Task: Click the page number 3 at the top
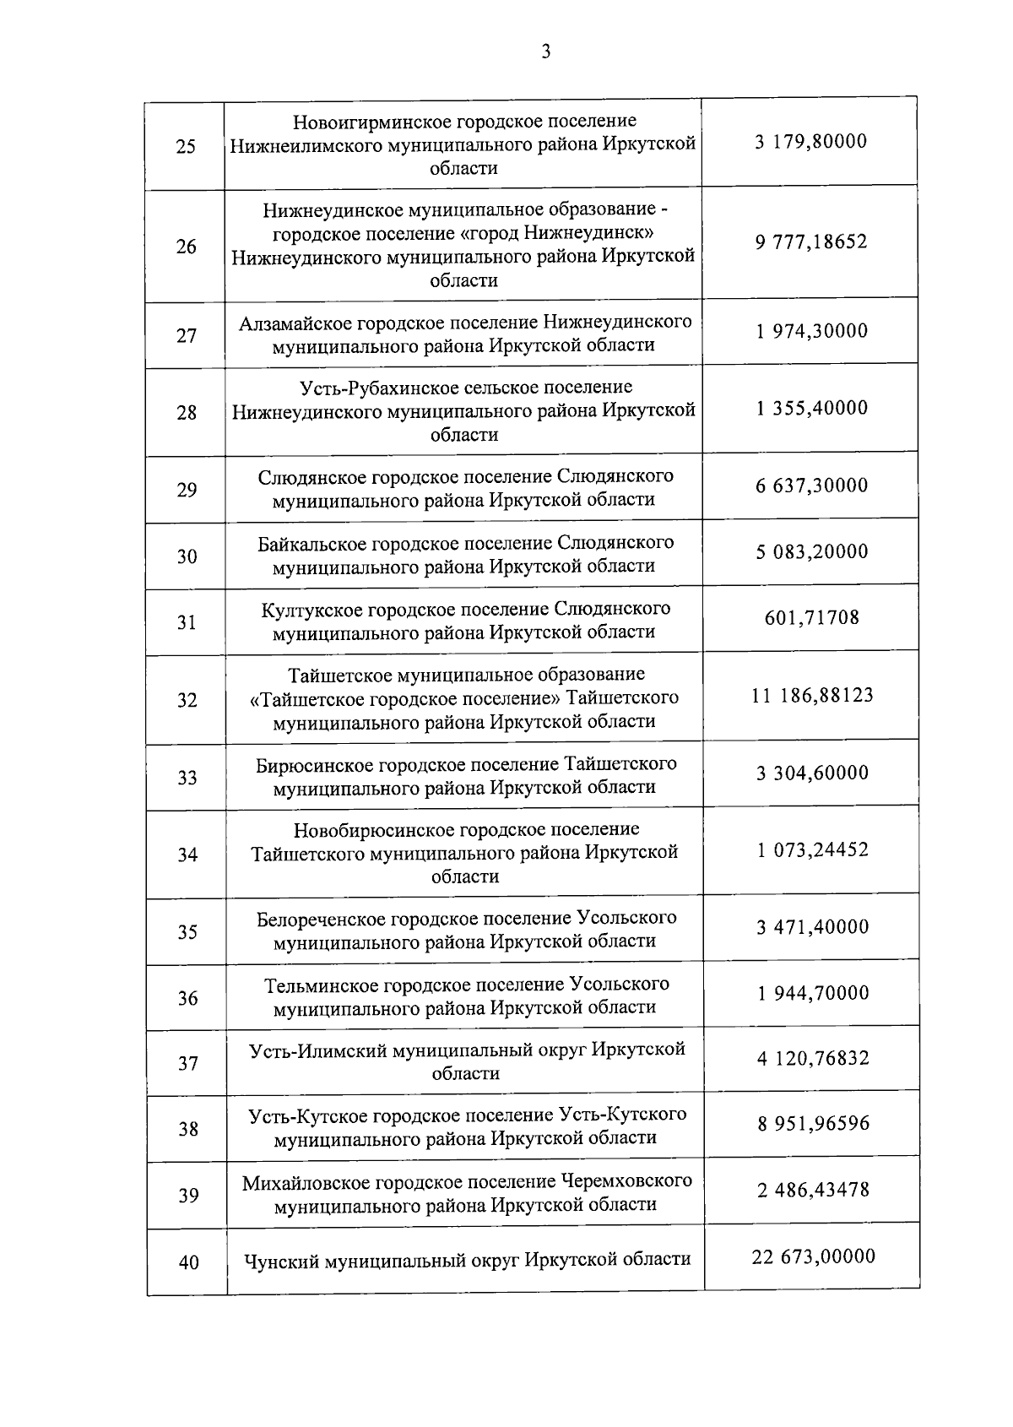[545, 52]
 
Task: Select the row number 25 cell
[185, 147]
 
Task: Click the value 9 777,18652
[811, 242]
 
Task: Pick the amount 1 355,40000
[812, 409]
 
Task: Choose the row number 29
[187, 490]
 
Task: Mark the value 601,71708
[812, 618]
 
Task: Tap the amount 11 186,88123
[812, 696]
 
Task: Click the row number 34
[187, 855]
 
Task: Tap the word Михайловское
[306, 1181]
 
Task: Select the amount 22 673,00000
[813, 1256]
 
